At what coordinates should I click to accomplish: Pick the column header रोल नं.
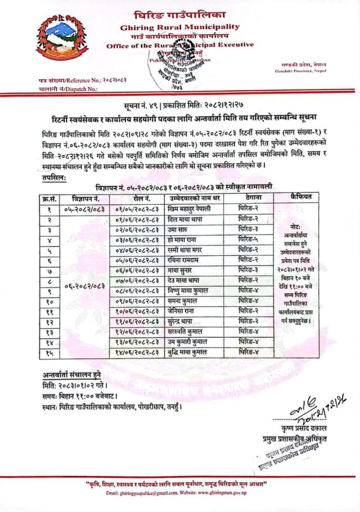pos(135,198)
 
